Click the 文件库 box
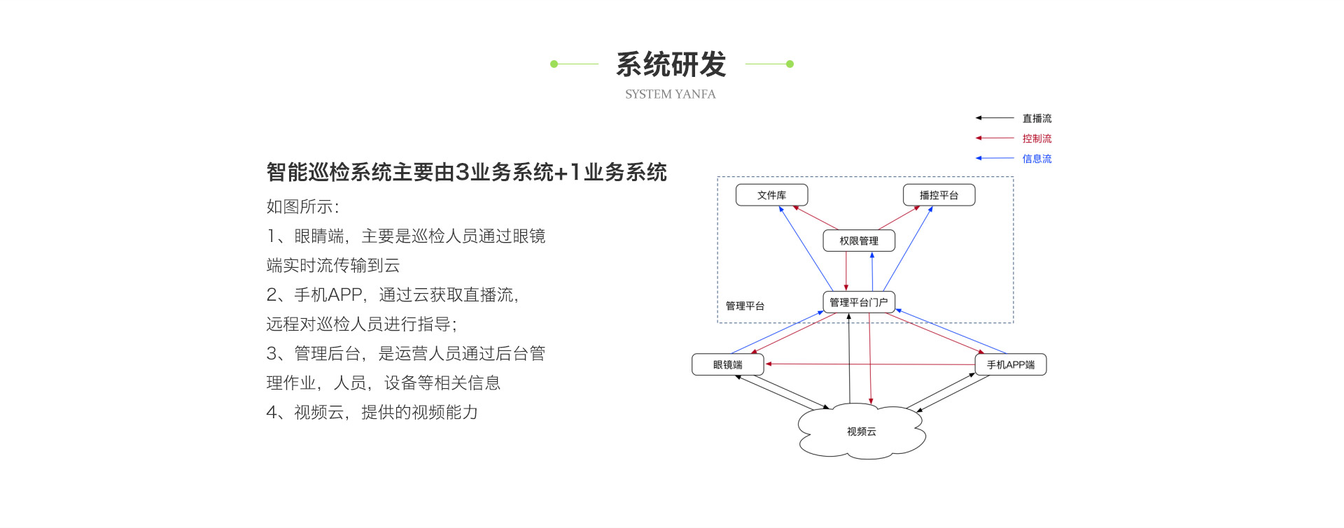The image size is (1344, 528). click(x=771, y=195)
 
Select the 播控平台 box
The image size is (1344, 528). click(x=939, y=195)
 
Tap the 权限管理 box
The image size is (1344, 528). click(x=859, y=241)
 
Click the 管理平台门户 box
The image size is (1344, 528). click(x=859, y=302)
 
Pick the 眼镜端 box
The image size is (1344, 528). click(x=728, y=364)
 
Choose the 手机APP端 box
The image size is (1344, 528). click(x=1011, y=364)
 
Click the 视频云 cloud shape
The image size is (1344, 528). click(x=862, y=431)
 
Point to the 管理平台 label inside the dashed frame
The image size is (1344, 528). click(x=745, y=306)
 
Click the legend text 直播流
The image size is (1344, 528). click(x=1037, y=118)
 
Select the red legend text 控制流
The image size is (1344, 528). click(x=1037, y=138)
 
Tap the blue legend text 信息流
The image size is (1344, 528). click(x=1037, y=159)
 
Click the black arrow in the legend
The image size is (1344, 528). click(x=995, y=118)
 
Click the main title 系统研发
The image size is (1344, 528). click(x=671, y=64)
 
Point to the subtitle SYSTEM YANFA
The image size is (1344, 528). click(x=671, y=94)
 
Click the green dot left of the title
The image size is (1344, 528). click(x=554, y=64)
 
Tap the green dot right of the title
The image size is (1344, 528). click(x=790, y=64)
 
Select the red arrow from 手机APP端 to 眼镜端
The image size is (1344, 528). click(x=870, y=364)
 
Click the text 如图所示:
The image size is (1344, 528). click(x=302, y=206)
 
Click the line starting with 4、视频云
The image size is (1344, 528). click(x=372, y=412)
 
